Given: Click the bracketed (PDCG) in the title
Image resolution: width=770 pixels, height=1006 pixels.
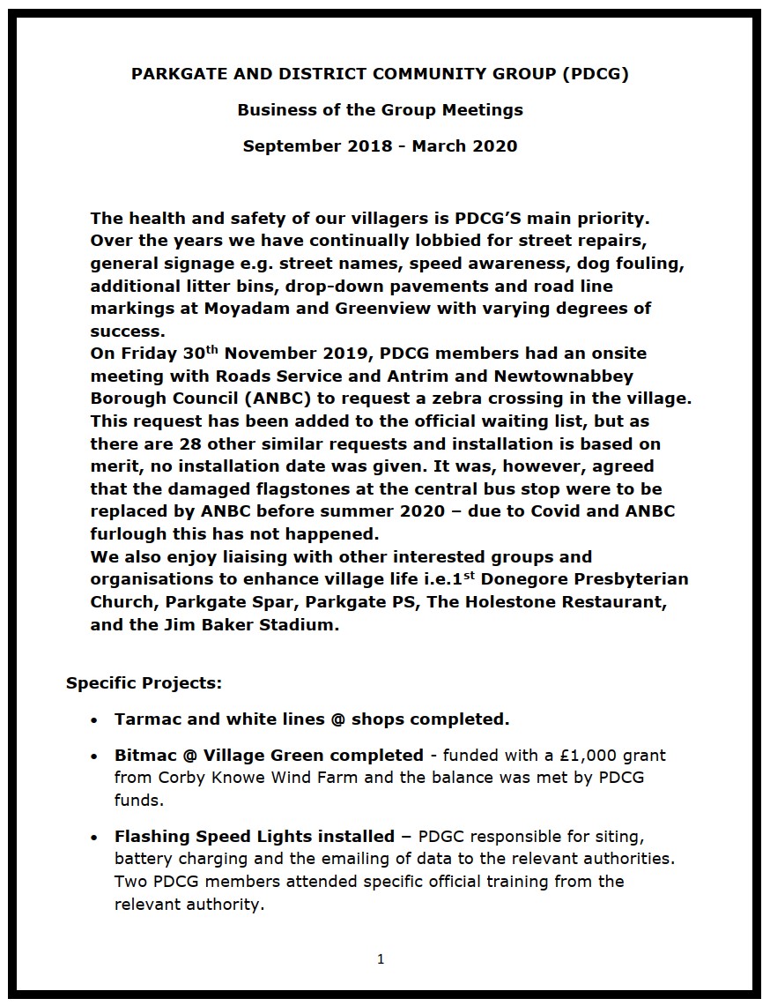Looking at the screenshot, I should coord(595,74).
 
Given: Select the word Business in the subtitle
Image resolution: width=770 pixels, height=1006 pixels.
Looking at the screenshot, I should coord(273,110).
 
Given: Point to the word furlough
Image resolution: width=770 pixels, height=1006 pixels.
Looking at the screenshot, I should coord(130,534).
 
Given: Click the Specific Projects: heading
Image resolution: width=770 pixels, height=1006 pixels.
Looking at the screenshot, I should coord(132,683).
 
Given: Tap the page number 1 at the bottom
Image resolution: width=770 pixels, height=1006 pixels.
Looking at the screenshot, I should coord(381,959).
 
